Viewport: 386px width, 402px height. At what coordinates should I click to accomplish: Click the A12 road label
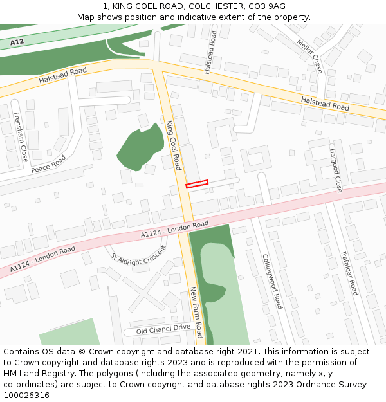coord(17,42)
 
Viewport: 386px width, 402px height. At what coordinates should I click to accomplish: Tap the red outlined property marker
coord(198,184)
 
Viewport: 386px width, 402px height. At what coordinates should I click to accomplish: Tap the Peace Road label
coord(48,164)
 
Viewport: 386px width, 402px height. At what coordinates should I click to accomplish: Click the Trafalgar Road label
coord(349,273)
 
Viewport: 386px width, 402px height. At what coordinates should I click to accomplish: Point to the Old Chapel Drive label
coord(164,329)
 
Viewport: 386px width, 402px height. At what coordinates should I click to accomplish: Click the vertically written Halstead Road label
coord(210,51)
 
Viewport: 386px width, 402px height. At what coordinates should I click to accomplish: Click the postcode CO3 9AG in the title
coord(268,6)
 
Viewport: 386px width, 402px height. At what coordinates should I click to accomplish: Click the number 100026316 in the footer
coord(27,395)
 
